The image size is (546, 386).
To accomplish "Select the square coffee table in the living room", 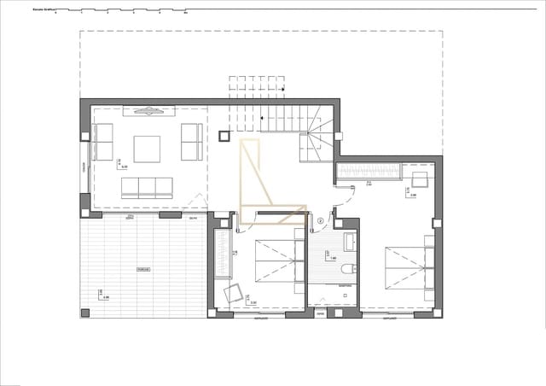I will click(x=147, y=149).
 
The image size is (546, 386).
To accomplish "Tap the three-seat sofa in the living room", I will click(x=147, y=188).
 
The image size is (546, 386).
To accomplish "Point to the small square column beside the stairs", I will click(x=224, y=134).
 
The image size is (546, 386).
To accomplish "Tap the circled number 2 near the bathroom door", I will click(x=321, y=219).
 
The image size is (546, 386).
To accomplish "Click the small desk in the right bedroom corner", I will click(x=420, y=178).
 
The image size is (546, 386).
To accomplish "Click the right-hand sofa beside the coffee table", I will click(x=192, y=143).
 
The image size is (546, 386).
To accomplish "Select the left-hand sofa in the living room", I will click(x=103, y=143).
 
